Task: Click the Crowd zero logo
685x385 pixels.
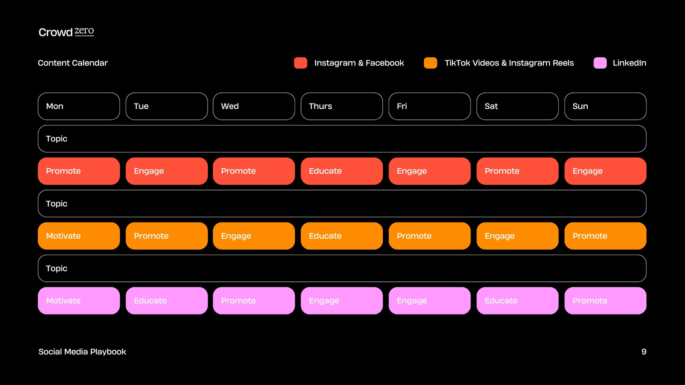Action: (x=66, y=32)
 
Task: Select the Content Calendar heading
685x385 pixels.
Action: (x=73, y=63)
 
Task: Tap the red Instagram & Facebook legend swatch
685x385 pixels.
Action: (x=300, y=63)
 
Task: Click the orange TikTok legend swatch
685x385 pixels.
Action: (x=430, y=63)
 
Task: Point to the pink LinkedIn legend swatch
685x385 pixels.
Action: (x=600, y=63)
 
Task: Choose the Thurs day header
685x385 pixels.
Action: (x=342, y=107)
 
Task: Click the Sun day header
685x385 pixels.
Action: (x=605, y=107)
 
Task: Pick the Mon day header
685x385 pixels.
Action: (x=79, y=107)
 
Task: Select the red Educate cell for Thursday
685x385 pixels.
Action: (x=342, y=171)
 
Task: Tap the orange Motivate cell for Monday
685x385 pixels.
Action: (x=79, y=236)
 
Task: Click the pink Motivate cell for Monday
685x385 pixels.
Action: (x=79, y=301)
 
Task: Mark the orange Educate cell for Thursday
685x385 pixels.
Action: (x=342, y=236)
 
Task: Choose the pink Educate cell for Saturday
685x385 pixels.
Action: (x=518, y=301)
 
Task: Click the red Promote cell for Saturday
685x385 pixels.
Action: (x=518, y=171)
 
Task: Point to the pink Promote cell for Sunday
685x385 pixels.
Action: (x=605, y=301)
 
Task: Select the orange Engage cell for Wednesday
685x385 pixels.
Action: (x=254, y=236)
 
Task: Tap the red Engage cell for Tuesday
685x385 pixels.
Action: (x=167, y=171)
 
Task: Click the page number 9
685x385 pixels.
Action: (x=644, y=352)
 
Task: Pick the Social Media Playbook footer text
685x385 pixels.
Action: (x=82, y=352)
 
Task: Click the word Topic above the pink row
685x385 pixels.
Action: (x=57, y=269)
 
